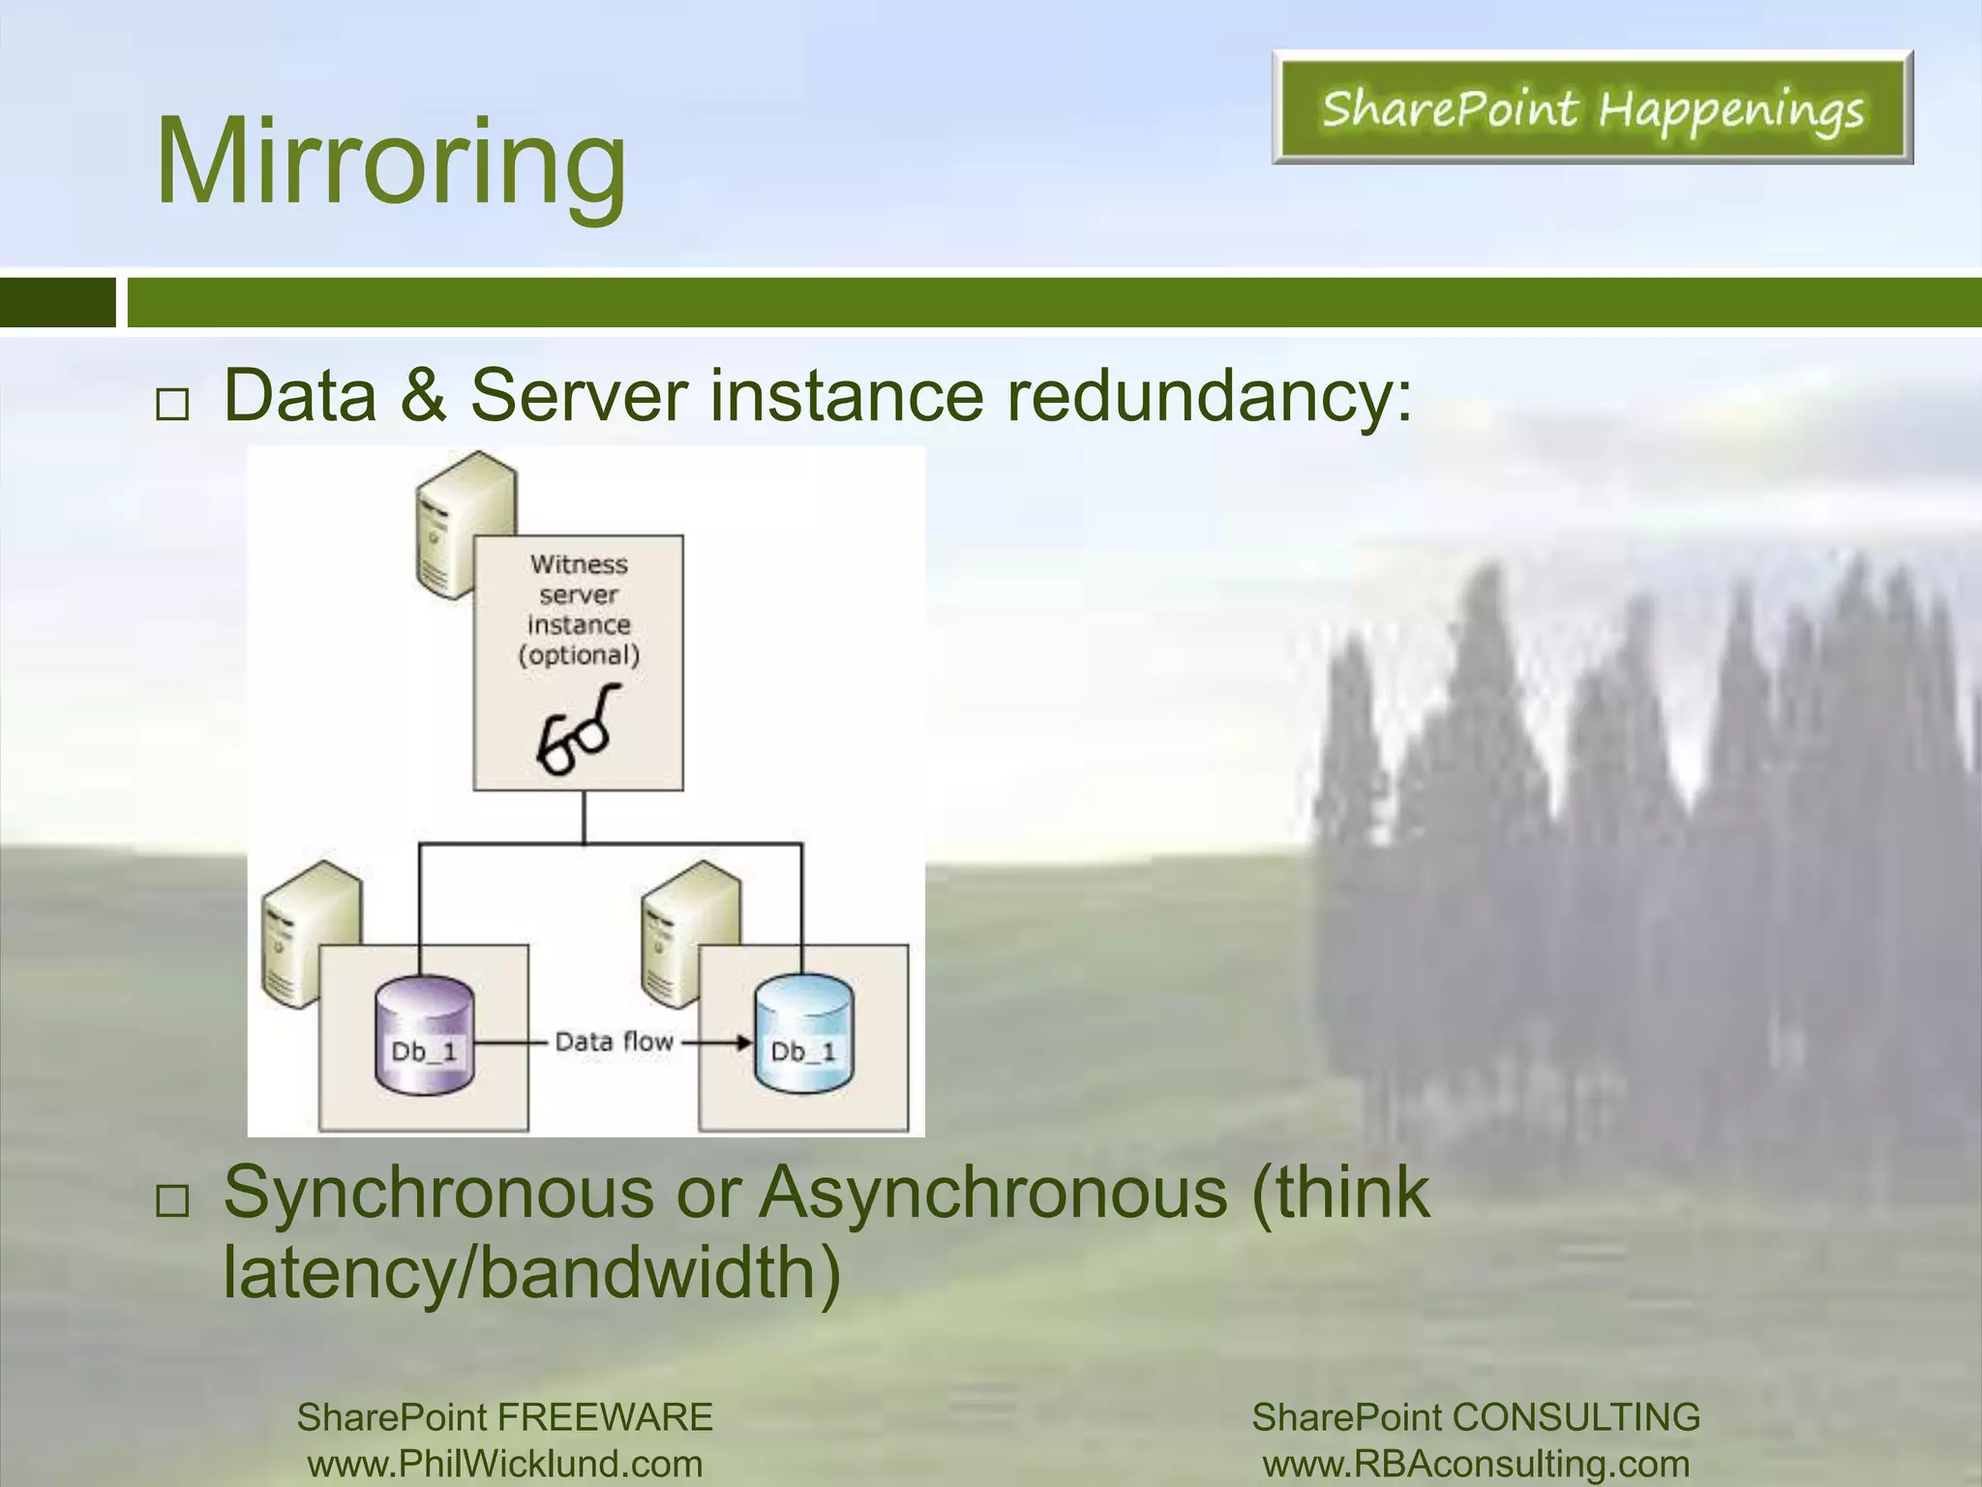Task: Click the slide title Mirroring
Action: [391, 162]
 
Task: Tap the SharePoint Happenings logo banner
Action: [1592, 107]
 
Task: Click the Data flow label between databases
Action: [614, 1042]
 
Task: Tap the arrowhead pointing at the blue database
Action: [742, 1043]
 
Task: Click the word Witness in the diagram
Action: [579, 564]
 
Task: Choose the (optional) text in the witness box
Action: [579, 655]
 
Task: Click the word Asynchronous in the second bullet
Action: [993, 1192]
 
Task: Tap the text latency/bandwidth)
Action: [531, 1271]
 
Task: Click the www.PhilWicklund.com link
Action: [505, 1463]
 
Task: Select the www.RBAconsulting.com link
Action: [1476, 1463]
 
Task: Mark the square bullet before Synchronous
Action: [172, 1201]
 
